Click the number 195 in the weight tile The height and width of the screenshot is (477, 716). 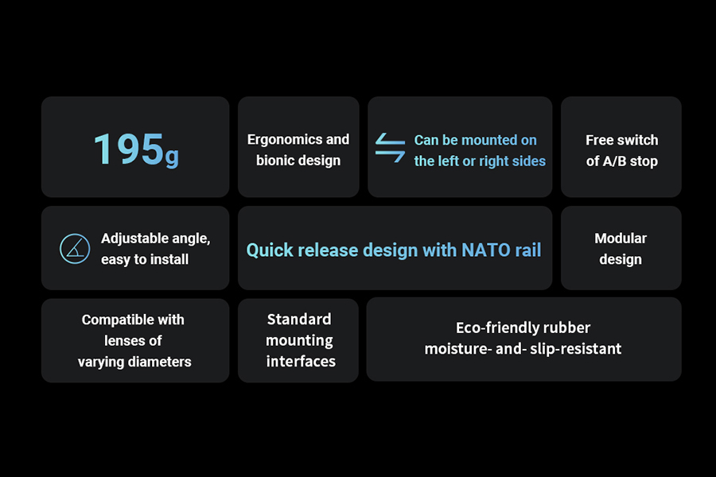pyautogui.click(x=128, y=149)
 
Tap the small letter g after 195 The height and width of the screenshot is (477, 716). pyautogui.click(x=172, y=157)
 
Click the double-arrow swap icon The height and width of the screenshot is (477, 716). pyautogui.click(x=390, y=147)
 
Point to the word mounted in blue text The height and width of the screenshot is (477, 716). pyautogui.click(x=487, y=140)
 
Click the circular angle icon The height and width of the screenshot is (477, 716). pyautogui.click(x=75, y=249)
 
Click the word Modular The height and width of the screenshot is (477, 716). pyautogui.click(x=621, y=238)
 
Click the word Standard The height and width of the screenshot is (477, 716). pyautogui.click(x=299, y=319)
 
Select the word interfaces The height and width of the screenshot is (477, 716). pyautogui.click(x=301, y=361)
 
